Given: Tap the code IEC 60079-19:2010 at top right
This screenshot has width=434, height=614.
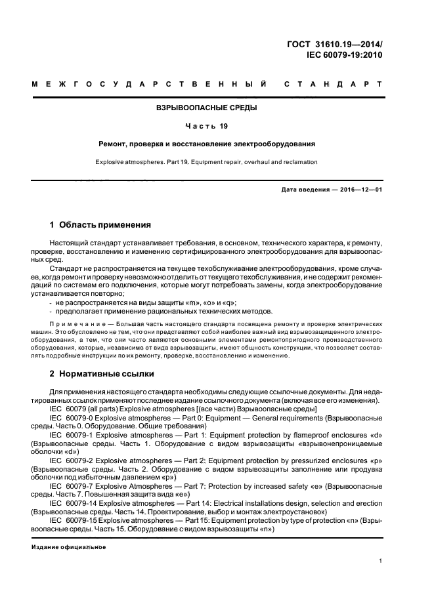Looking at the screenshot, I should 345,55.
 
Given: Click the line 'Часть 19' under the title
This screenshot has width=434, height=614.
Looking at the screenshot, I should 207,125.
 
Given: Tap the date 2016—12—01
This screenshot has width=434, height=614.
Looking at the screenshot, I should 361,190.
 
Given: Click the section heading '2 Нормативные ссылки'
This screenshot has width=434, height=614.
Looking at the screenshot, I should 102,374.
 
